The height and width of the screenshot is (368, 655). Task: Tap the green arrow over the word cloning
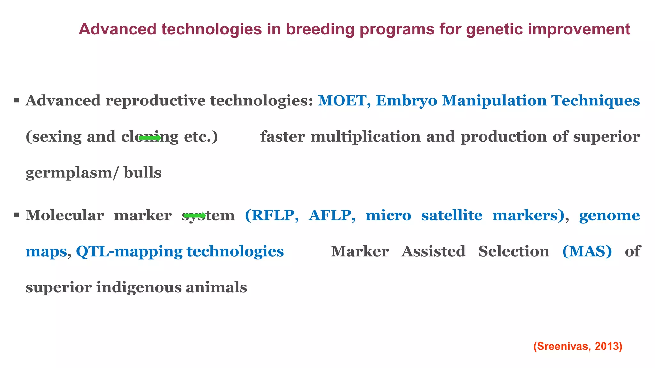(150, 138)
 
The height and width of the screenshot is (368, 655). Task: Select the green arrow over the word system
(195, 216)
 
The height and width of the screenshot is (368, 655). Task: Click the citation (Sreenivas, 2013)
(578, 346)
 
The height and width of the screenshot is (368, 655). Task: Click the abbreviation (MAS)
(587, 251)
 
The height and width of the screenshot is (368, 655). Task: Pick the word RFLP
(272, 216)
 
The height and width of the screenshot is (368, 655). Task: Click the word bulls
(142, 173)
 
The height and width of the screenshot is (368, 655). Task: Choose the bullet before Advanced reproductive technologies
(17, 101)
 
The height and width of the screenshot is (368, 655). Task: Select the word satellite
(452, 216)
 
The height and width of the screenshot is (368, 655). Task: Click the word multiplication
(365, 137)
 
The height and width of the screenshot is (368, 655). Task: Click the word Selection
(513, 251)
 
